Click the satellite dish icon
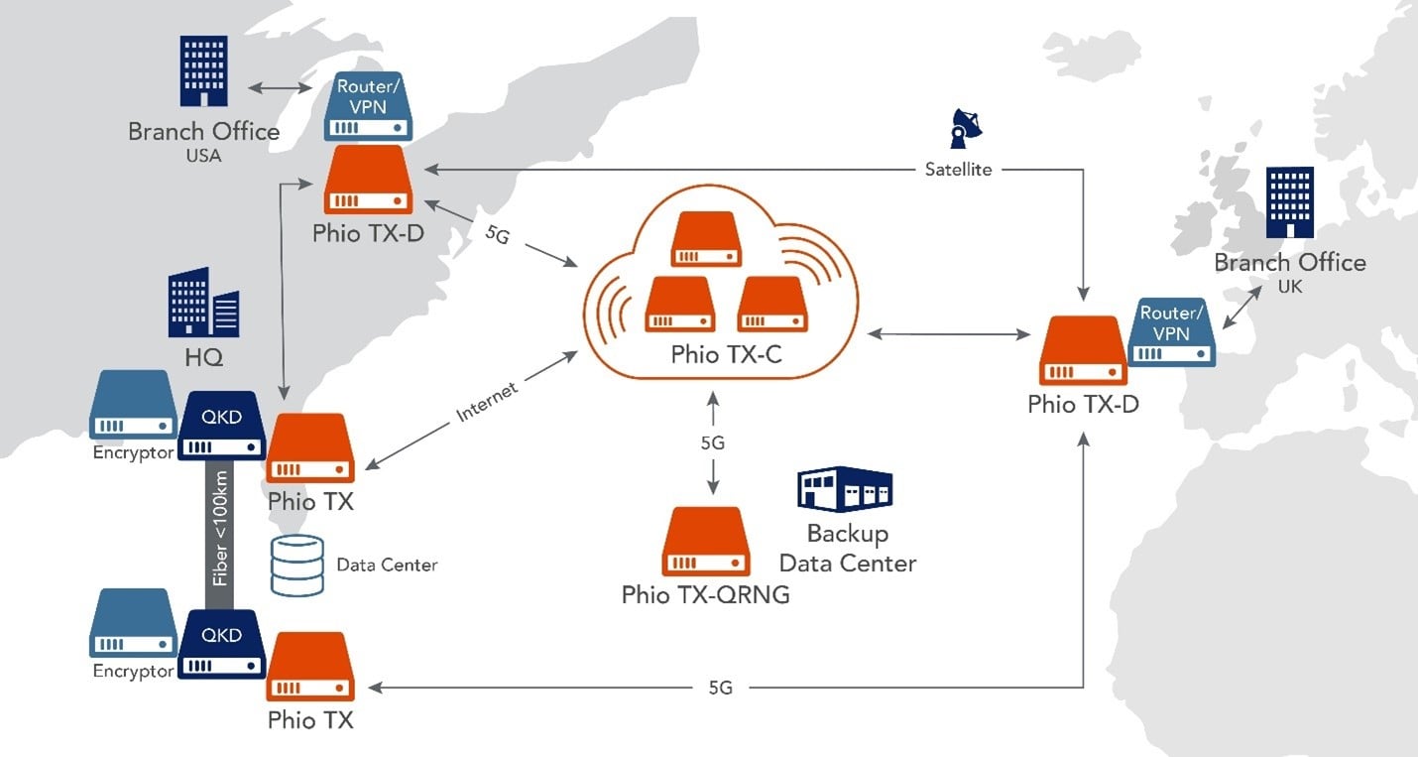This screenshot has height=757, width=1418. (x=966, y=128)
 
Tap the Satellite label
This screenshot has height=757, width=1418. (x=958, y=169)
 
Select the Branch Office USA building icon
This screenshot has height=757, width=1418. (x=204, y=71)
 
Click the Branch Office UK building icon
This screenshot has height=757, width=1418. (x=1289, y=202)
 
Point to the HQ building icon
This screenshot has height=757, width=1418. (x=204, y=303)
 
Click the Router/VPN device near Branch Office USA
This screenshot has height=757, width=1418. (x=368, y=106)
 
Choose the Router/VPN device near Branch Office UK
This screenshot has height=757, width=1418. (x=1171, y=332)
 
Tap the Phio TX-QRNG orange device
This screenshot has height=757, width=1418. (x=706, y=541)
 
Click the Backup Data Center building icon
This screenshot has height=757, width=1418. (x=845, y=489)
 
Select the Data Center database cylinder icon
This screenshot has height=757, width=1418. (x=296, y=566)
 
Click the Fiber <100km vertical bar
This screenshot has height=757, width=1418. (x=219, y=535)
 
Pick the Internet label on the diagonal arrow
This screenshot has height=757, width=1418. (x=487, y=402)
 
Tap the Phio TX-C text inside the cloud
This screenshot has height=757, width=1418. (x=726, y=354)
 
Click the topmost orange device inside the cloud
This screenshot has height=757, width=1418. (x=706, y=239)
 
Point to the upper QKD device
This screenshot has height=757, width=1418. (x=221, y=425)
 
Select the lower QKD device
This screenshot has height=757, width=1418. (x=221, y=644)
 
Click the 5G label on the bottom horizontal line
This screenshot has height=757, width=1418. (x=720, y=688)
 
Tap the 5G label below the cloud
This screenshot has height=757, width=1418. (x=713, y=442)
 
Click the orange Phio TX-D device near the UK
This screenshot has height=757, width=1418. (x=1083, y=350)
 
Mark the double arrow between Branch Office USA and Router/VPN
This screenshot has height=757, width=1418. (x=280, y=88)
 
